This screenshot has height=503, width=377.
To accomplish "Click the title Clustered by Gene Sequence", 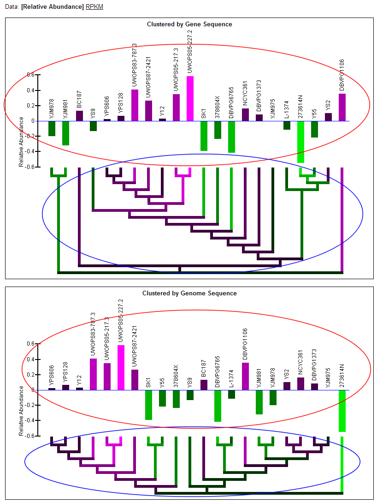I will [189, 24].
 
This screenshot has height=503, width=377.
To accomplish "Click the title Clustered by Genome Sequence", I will [189, 293].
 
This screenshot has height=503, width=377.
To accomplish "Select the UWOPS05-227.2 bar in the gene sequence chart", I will [190, 98].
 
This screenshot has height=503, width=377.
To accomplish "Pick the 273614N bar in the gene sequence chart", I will [300, 142].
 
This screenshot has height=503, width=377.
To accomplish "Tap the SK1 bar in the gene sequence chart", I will [204, 136].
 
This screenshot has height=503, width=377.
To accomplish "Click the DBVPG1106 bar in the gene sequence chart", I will [342, 107].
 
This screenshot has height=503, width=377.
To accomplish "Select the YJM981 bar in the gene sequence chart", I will [65, 133].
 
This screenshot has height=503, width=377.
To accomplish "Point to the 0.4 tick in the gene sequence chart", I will [31, 90].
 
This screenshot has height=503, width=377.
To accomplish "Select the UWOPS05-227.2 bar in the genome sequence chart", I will [121, 367].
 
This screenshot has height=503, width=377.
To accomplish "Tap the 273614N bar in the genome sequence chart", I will [342, 411].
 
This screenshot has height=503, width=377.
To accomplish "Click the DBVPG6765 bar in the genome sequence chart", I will [218, 406].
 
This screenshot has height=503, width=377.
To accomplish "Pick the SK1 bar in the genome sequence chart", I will [148, 405].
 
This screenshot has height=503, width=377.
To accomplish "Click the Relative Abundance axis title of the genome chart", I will [21, 411].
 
